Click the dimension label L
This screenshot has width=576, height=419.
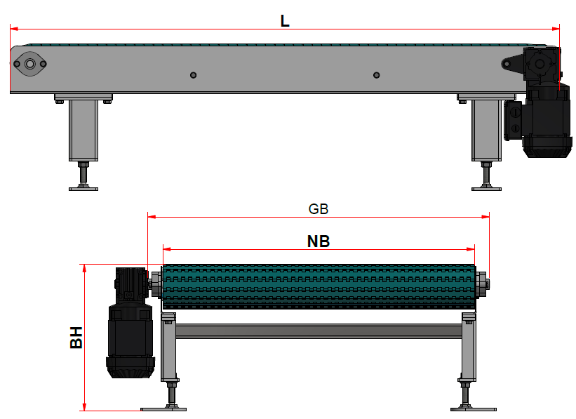click(285, 20)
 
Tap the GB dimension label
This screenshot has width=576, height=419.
click(319, 209)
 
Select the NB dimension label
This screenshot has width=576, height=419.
click(319, 241)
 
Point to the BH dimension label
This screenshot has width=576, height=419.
click(76, 337)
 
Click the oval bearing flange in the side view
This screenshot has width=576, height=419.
click(30, 64)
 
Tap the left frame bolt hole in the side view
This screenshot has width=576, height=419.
click(194, 75)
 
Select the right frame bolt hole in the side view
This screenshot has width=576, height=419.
click(376, 75)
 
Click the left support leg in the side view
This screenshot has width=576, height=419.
click(82, 130)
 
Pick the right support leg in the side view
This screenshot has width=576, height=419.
click(485, 130)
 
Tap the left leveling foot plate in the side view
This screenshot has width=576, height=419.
click(83, 188)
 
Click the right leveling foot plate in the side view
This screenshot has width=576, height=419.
click(486, 188)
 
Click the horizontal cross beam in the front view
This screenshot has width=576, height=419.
click(319, 331)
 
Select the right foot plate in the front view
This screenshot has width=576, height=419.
click(473, 408)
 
